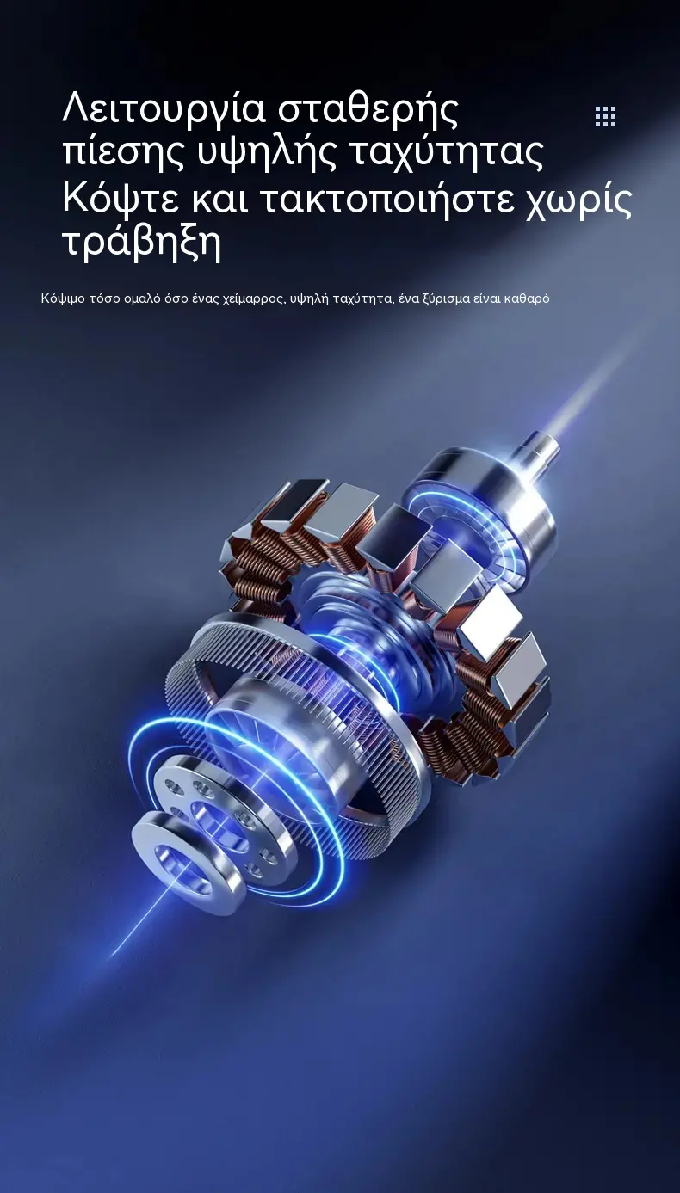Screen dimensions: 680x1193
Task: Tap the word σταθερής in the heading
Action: point(368,111)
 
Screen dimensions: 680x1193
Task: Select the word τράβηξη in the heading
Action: point(142,244)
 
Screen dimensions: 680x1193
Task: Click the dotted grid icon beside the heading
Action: point(605,117)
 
